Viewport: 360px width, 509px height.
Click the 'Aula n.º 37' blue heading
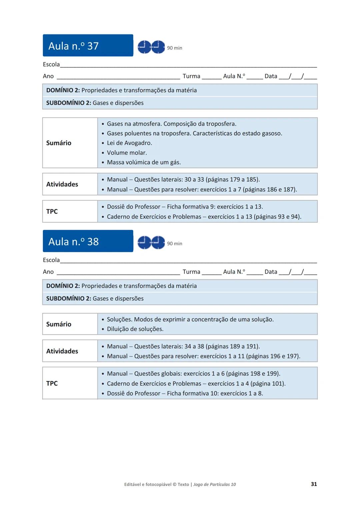(74, 46)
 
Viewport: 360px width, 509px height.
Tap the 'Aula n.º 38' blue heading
(74, 241)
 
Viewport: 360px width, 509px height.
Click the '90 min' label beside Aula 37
(174, 48)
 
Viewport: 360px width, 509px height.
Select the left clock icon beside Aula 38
(144, 242)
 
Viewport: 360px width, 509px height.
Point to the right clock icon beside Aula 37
(158, 47)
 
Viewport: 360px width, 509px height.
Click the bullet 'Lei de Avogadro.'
(129, 143)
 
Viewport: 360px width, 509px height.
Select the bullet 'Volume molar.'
(127, 153)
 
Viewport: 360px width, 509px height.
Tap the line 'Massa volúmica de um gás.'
(144, 162)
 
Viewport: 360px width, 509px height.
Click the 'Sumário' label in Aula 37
(59, 143)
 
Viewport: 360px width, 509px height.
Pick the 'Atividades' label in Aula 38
(62, 351)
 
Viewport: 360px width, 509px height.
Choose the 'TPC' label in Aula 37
(52, 211)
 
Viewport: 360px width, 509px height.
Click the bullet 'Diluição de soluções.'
(135, 329)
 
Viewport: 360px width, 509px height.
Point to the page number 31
(314, 484)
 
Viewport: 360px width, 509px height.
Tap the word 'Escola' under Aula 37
(51, 64)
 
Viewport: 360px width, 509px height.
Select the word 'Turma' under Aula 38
(191, 272)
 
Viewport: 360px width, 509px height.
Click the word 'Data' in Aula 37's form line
(271, 76)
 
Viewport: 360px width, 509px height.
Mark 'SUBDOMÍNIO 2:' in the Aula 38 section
(68, 298)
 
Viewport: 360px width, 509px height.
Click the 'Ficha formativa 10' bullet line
(185, 393)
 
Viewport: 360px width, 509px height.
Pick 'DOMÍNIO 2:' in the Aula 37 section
(63, 90)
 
